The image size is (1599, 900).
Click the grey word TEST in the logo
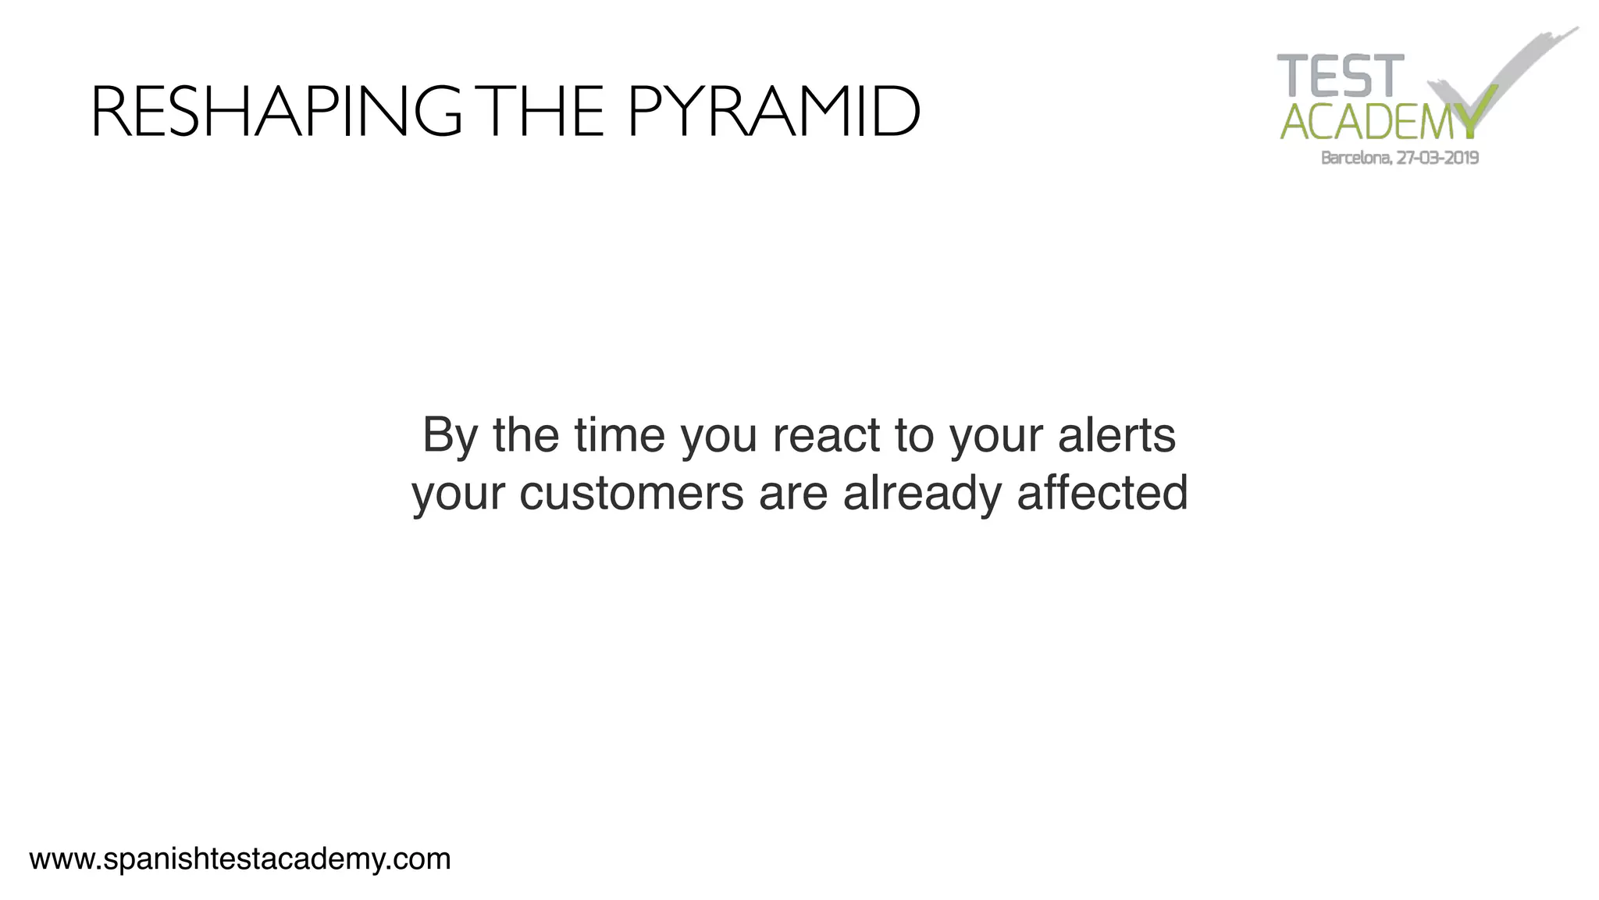(x=1341, y=77)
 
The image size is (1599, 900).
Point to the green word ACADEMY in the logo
(x=1378, y=123)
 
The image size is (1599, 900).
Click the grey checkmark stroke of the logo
(x=1522, y=62)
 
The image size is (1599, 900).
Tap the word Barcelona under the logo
(x=1355, y=158)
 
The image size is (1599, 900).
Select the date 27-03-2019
(x=1438, y=158)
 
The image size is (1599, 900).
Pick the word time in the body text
(x=619, y=435)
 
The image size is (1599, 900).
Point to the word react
(x=826, y=435)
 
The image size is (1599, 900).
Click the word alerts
(x=1116, y=435)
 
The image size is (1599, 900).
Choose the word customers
(x=631, y=494)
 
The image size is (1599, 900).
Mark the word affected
(x=1102, y=494)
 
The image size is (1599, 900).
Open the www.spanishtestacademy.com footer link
(x=240, y=859)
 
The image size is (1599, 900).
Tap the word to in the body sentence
(x=914, y=435)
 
